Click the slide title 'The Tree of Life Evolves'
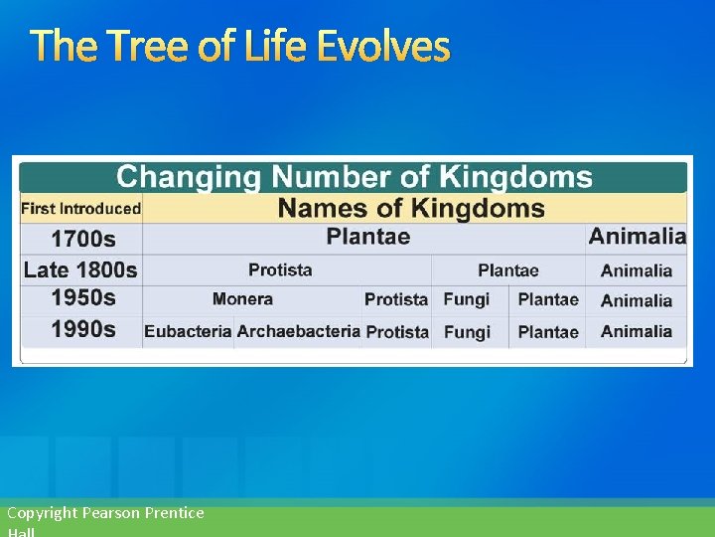pos(239,47)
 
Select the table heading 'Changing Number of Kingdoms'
pos(354,178)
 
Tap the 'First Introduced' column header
pos(80,209)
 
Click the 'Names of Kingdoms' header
pos(411,209)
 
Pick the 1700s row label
pos(82,239)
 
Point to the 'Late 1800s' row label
pos(80,269)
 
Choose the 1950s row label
pos(82,298)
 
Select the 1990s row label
pos(82,330)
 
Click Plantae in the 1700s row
pos(367,237)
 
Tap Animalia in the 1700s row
pos(637,237)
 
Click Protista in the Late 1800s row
pos(280,269)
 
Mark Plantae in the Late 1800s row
pos(507,270)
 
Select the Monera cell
pos(242,299)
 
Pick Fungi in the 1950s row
pos(466,299)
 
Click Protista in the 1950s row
pos(395,299)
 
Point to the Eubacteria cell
pos(188,331)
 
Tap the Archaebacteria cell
pos(298,331)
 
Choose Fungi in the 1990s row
pos(466,332)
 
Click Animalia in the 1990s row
pos(636,331)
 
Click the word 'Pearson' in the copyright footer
pos(112,513)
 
